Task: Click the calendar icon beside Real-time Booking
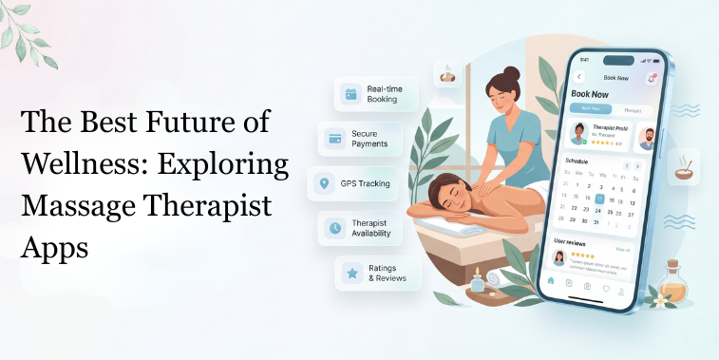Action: click(x=350, y=94)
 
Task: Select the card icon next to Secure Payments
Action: click(x=334, y=139)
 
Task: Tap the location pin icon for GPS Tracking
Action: click(x=323, y=183)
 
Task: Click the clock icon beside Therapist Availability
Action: click(x=334, y=227)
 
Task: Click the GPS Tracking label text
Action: click(x=365, y=183)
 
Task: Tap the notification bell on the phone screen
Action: click(x=652, y=79)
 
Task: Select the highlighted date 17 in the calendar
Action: click(x=599, y=200)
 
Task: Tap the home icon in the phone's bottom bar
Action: click(x=550, y=281)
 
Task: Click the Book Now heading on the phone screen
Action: click(x=589, y=95)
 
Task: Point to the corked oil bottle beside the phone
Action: click(x=674, y=282)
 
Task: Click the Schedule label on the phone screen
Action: click(x=577, y=161)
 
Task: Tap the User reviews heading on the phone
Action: click(x=573, y=241)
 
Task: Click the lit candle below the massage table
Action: click(x=477, y=278)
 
